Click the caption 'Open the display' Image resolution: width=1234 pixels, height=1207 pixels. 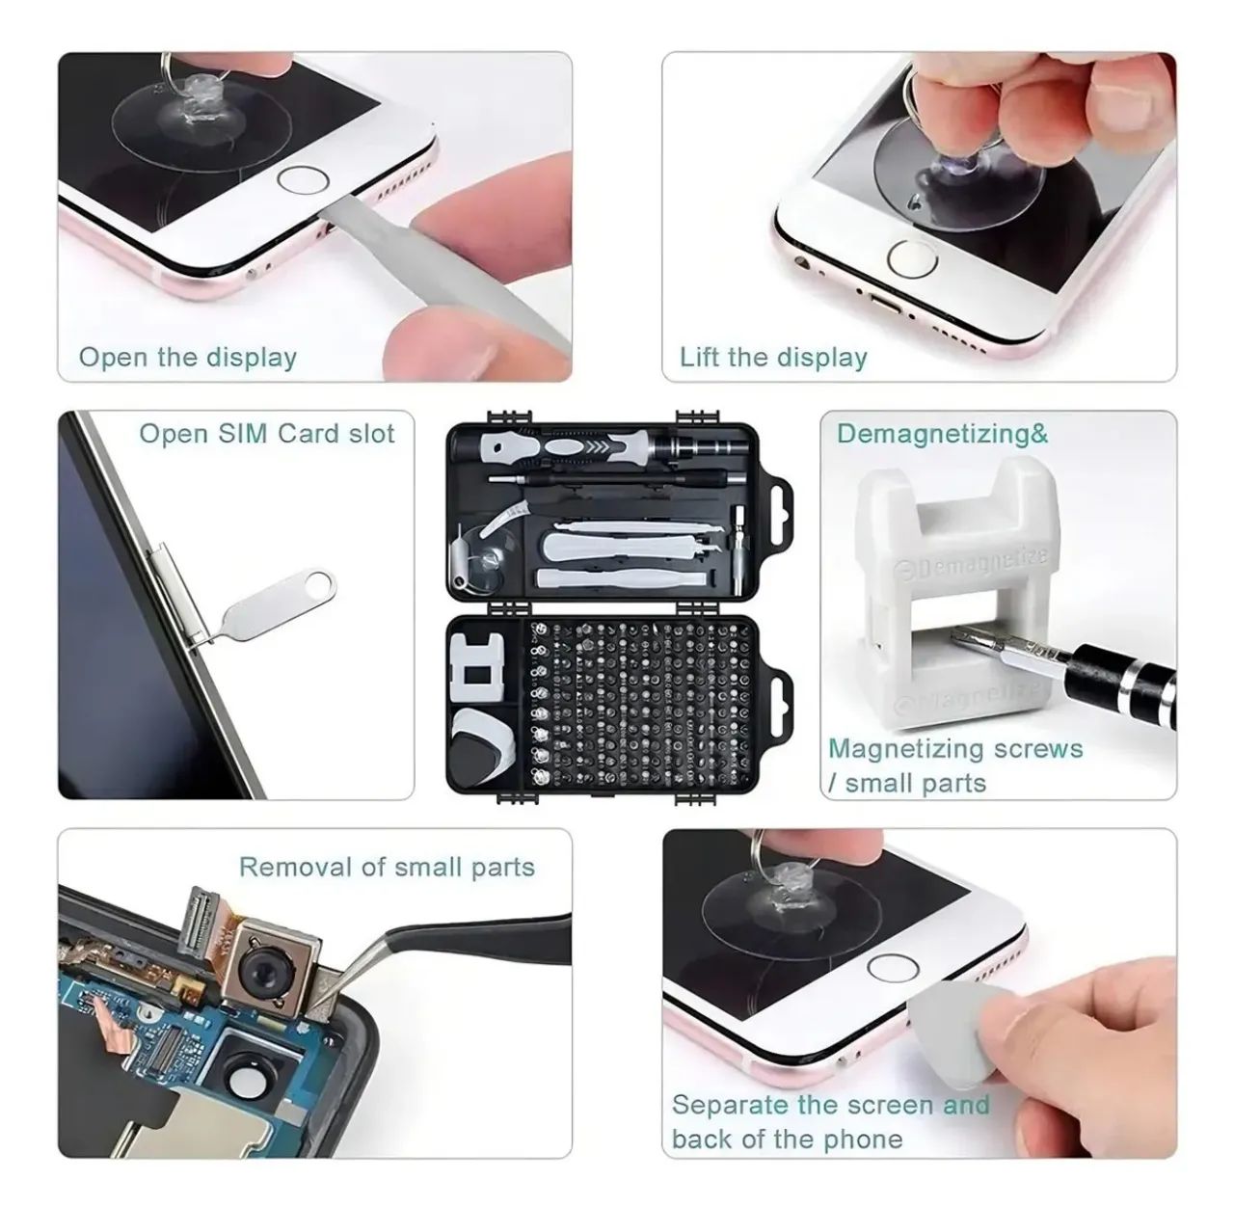(x=188, y=358)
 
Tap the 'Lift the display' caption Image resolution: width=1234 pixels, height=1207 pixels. (x=773, y=358)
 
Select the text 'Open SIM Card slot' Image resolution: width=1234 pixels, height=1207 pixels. (x=267, y=434)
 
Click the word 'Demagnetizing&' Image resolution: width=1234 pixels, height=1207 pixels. (x=942, y=434)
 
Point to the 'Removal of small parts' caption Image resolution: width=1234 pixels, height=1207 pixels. (x=387, y=867)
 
